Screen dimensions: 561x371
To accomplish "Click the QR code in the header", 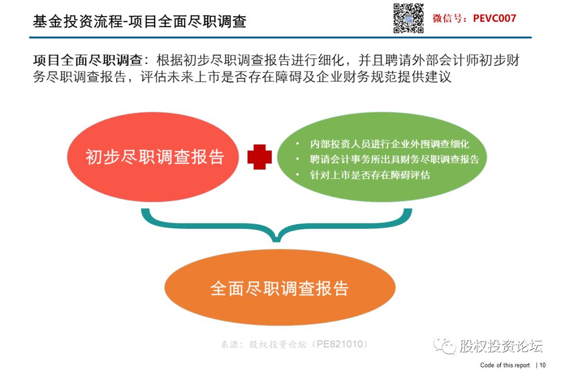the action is click(408, 18).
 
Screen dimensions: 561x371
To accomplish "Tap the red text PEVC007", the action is click(495, 18).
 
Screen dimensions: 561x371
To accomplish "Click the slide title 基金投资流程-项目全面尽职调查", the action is click(140, 21).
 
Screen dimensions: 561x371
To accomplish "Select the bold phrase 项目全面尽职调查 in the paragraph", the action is click(88, 60).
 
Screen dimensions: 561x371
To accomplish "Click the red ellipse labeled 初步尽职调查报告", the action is click(153, 157).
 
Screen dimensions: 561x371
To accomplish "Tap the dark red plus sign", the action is click(259, 157).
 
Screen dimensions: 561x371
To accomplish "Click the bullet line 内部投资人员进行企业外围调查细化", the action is click(389, 144).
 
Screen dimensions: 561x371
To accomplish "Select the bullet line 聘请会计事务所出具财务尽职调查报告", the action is click(394, 159).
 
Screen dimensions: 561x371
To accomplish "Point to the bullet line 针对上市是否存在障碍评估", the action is click(370, 175).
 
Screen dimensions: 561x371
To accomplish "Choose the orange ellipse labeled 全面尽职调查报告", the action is click(280, 287).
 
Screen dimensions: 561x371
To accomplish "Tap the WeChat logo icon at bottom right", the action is click(444, 345).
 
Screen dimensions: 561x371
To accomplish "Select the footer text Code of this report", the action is click(505, 365).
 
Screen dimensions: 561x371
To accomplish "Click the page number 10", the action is click(542, 365).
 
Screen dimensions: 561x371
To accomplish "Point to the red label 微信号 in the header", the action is click(447, 18).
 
